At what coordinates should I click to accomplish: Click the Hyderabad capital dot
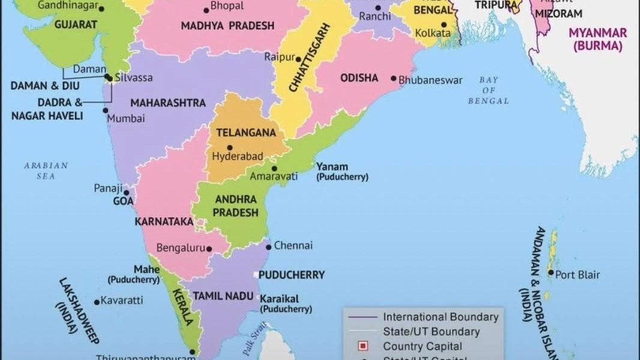pyautogui.click(x=229, y=148)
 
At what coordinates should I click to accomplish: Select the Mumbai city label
pyautogui.click(x=126, y=119)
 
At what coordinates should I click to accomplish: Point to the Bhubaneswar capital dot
pyautogui.click(x=393, y=79)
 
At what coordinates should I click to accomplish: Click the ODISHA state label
pyautogui.click(x=359, y=78)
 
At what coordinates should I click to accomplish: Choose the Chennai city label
pyautogui.click(x=293, y=245)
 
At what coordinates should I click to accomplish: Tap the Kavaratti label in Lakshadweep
pyautogui.click(x=122, y=300)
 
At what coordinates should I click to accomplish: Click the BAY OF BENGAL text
pyautogui.click(x=488, y=91)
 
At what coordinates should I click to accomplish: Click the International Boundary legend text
pyautogui.click(x=441, y=317)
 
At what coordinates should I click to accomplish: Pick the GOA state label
pyautogui.click(x=123, y=202)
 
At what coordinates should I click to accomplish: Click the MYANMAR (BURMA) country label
pyautogui.click(x=597, y=39)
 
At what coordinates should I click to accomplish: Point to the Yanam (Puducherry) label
pyautogui.click(x=342, y=172)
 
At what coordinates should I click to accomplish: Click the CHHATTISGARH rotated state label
pyautogui.click(x=310, y=58)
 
